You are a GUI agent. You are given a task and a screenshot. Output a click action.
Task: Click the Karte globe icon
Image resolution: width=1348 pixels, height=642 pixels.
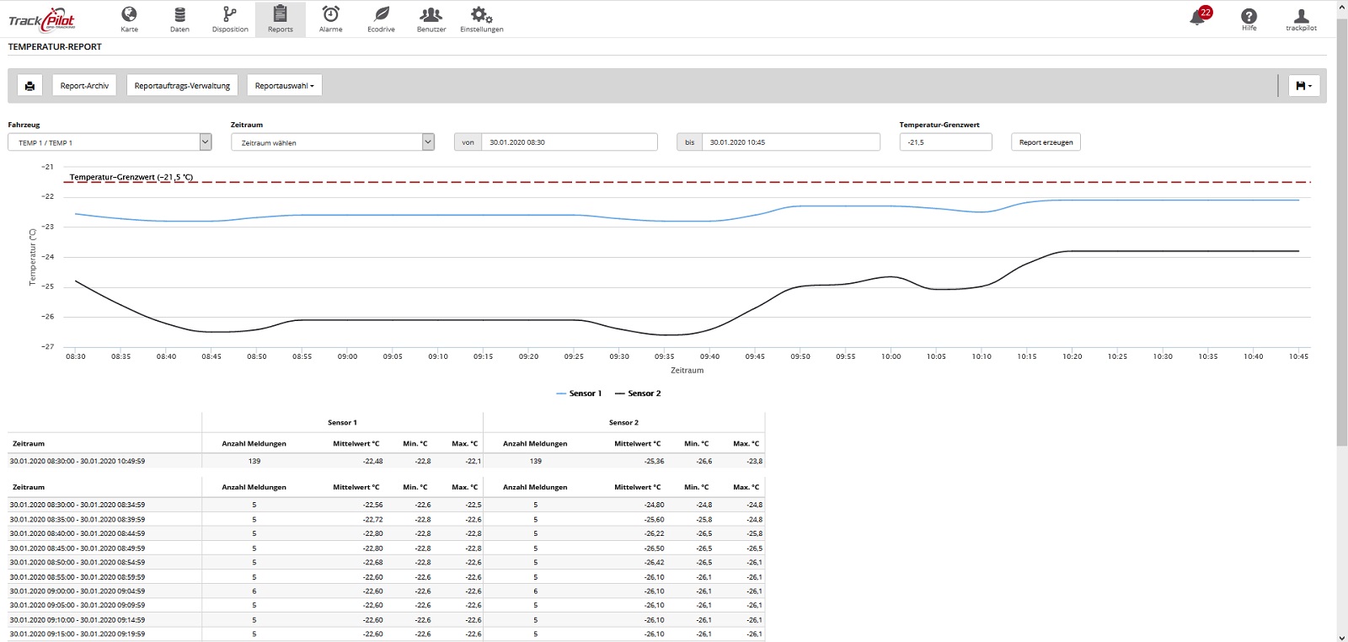click(129, 13)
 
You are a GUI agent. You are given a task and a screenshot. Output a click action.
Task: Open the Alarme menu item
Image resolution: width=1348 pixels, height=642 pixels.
click(330, 19)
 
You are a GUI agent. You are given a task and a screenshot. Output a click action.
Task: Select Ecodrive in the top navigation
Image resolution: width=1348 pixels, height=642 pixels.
click(381, 19)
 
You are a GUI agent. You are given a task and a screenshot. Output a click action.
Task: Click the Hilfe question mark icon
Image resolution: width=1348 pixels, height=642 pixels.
click(1249, 16)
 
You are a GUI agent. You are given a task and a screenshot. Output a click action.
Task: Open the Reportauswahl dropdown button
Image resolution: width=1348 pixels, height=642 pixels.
click(284, 85)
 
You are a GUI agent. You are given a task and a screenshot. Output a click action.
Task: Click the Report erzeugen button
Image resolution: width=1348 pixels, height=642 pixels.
click(1046, 142)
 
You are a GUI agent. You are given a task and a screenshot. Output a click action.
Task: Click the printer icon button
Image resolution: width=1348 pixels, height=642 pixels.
click(29, 85)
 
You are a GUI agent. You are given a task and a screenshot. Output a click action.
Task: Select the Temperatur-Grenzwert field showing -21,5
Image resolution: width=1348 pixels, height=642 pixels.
click(945, 142)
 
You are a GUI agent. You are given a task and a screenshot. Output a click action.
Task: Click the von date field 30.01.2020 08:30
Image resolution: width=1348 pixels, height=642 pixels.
click(569, 142)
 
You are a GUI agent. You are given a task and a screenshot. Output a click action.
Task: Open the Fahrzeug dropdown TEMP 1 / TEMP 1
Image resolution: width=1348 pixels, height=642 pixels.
click(110, 142)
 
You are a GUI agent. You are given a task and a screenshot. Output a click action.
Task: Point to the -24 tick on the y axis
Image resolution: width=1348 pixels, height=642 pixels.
click(47, 257)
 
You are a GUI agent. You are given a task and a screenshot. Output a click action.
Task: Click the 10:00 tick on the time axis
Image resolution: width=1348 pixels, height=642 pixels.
click(891, 356)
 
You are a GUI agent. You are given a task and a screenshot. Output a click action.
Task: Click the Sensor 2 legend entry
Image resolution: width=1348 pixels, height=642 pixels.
click(637, 393)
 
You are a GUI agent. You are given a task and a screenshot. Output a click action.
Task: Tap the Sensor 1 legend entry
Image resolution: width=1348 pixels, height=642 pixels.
click(579, 393)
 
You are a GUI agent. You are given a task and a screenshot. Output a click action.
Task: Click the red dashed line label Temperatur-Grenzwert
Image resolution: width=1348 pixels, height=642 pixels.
click(131, 177)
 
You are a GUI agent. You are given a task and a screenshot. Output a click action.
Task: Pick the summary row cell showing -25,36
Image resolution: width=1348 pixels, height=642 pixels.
click(654, 461)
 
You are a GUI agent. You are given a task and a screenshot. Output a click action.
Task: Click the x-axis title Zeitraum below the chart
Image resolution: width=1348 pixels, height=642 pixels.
click(687, 370)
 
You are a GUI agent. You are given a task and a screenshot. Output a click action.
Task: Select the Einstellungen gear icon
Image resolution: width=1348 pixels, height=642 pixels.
click(481, 14)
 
